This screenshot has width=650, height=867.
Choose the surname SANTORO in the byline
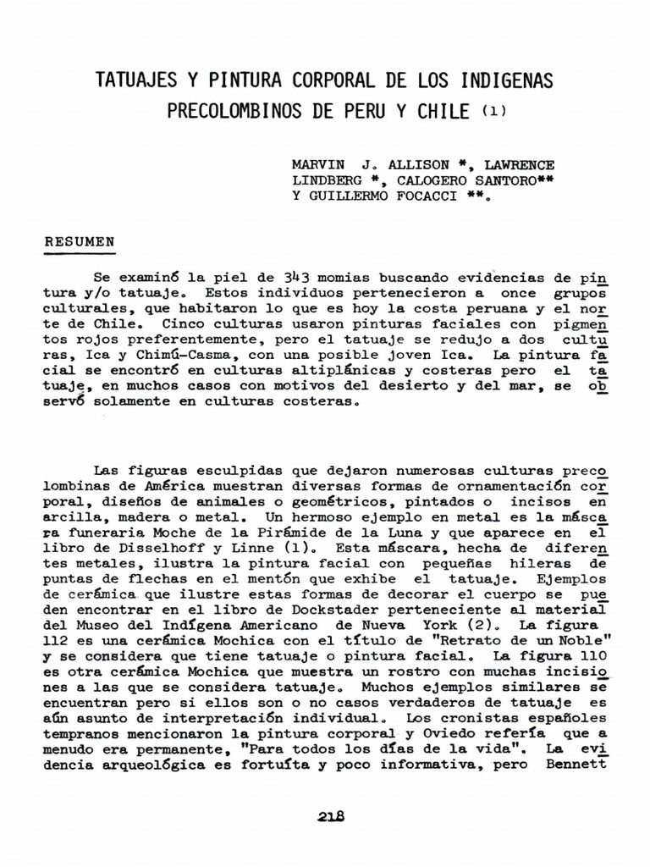(488, 180)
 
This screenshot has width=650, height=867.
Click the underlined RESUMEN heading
(80, 241)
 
